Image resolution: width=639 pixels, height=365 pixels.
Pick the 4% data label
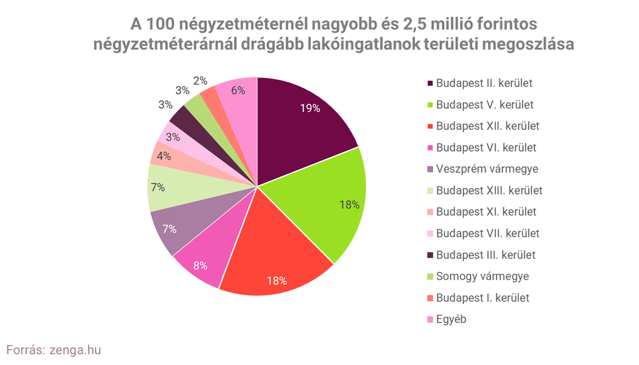click(164, 155)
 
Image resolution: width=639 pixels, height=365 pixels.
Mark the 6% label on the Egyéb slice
click(238, 90)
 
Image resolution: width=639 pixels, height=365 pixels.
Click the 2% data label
click(201, 80)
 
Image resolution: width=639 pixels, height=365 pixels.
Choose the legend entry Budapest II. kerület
click(484, 83)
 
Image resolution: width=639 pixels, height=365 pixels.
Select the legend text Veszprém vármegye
click(487, 169)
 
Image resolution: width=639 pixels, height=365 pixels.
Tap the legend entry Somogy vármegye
click(483, 276)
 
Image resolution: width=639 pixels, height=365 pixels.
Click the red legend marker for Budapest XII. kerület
click(430, 127)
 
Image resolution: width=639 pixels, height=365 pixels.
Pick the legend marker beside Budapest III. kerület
click(430, 255)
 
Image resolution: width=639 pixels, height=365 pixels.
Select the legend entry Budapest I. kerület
click(483, 298)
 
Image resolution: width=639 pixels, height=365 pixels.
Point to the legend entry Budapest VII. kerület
click(487, 233)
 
